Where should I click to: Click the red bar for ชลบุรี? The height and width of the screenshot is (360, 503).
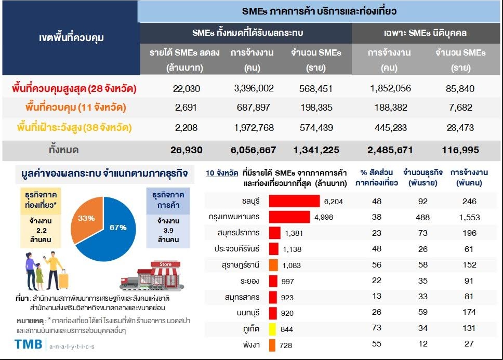tap(294, 201)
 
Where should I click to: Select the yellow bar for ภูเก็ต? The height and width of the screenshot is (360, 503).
tap(273, 329)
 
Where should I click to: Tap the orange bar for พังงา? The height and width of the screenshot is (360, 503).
tap(272, 345)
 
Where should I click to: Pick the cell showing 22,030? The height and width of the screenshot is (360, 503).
tap(187, 89)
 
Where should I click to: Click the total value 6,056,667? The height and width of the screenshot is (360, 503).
tap(253, 150)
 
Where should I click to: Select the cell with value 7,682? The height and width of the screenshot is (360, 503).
tap(460, 108)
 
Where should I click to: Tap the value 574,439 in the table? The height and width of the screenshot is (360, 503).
tap(316, 128)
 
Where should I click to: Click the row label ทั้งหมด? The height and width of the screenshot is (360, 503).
tap(64, 150)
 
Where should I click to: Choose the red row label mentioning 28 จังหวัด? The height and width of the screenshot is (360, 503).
tap(74, 88)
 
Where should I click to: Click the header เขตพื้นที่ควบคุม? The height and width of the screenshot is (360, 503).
tap(71, 38)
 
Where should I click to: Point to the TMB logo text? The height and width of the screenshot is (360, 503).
tap(28, 344)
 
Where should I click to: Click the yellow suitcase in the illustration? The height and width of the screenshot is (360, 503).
tap(63, 279)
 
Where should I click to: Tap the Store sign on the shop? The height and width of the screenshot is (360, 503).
tap(166, 264)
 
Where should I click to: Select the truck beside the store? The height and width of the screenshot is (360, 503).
tap(129, 282)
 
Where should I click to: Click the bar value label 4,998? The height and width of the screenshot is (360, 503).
tap(324, 217)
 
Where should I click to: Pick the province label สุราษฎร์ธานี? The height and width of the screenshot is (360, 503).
tap(240, 265)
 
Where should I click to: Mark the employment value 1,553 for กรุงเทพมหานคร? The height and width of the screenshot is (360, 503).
tap(469, 217)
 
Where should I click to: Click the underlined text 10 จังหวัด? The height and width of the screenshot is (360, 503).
tap(222, 173)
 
